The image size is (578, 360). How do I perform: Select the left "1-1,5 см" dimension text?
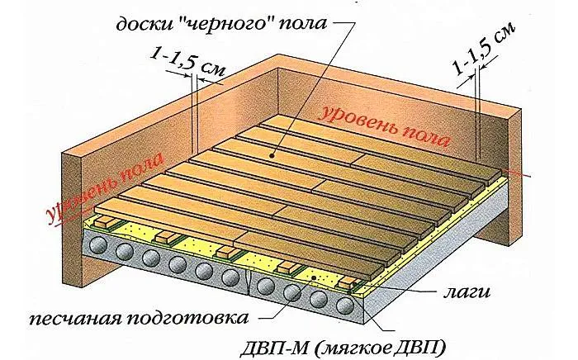click(x=187, y=63)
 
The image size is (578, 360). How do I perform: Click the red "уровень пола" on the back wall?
click(x=383, y=126)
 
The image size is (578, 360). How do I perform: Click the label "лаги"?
click(x=467, y=291)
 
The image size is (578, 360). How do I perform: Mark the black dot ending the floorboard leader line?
click(x=272, y=156)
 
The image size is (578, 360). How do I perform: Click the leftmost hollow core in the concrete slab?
click(x=97, y=244)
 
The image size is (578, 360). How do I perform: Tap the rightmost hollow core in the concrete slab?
click(x=344, y=306)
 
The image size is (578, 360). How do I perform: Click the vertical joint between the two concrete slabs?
click(x=248, y=282)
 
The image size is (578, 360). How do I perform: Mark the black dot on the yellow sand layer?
click(x=314, y=277)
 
